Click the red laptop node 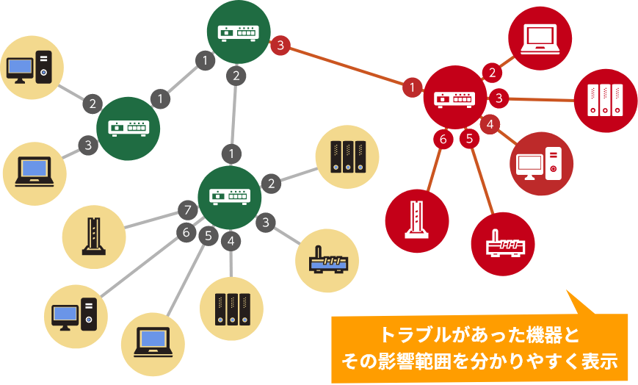click(x=540, y=38)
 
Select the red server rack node click(x=606, y=101)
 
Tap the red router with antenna click(x=503, y=244)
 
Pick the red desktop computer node click(x=541, y=163)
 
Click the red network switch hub click(x=455, y=98)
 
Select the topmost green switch click(x=239, y=32)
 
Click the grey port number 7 click(x=187, y=210)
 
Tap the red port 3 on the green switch click(x=280, y=46)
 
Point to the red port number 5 click(x=469, y=139)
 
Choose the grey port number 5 click(x=209, y=235)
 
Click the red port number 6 click(x=443, y=140)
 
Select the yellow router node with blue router click(x=327, y=261)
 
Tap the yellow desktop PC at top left click(x=32, y=67)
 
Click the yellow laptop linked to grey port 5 click(x=153, y=345)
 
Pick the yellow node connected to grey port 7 click(x=94, y=237)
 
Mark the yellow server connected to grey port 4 click(x=231, y=309)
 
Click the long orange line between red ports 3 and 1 click(x=347, y=66)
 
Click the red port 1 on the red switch click(x=412, y=87)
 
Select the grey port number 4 click(x=231, y=241)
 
